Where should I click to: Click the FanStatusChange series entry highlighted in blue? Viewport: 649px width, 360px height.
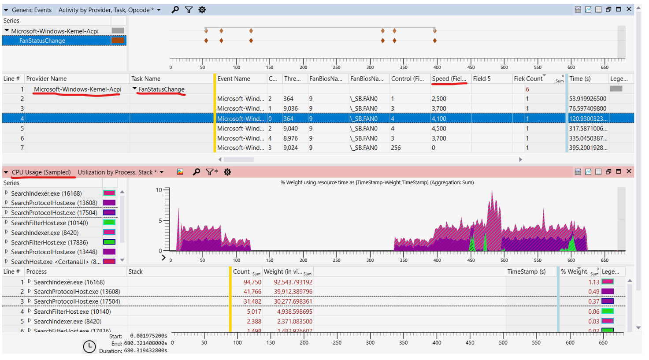(42, 41)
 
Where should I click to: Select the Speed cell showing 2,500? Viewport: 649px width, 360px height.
(439, 99)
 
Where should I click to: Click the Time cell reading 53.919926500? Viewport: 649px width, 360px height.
(588, 99)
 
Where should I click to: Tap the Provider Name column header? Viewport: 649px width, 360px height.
(47, 78)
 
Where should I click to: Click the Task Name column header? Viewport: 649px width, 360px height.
(146, 78)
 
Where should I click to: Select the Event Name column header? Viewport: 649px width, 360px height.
(234, 78)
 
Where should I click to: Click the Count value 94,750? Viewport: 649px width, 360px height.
(252, 282)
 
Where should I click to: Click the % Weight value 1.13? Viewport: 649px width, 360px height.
(593, 282)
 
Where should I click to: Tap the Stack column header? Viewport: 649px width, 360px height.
(136, 271)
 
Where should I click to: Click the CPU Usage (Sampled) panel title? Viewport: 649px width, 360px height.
(41, 172)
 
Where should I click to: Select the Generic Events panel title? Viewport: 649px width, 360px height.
(32, 10)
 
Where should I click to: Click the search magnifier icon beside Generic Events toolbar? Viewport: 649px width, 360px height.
(175, 10)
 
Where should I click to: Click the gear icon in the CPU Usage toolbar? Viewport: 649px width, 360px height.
(227, 172)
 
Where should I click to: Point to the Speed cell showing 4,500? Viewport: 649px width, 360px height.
(439, 129)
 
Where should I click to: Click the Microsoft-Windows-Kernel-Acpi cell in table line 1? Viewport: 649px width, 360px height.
(78, 89)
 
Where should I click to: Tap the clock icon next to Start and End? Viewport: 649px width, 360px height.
(89, 347)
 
